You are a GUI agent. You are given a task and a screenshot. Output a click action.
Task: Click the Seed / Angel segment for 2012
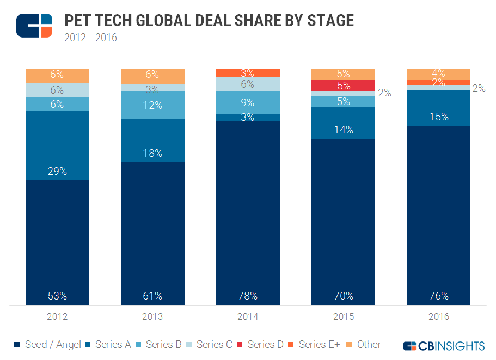coord(57,242)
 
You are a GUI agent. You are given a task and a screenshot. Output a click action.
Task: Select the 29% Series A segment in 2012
coord(57,145)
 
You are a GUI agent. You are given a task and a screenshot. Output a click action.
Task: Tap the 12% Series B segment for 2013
coord(152,105)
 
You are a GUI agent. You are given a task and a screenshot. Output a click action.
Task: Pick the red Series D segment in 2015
coord(343,86)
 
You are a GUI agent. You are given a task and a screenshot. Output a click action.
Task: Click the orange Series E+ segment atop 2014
coord(248,73)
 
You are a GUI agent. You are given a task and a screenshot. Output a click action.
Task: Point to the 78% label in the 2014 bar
coord(248,296)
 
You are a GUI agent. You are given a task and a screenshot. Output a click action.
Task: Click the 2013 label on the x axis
coord(152,316)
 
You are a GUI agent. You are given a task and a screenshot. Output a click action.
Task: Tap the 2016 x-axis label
coord(438,316)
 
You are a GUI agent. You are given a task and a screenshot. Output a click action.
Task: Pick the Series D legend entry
coord(261,344)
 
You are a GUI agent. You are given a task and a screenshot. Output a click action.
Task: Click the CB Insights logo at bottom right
coord(444,346)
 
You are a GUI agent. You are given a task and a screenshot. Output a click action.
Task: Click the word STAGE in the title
coord(329,21)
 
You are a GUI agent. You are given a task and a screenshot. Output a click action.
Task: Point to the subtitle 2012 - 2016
coord(90,38)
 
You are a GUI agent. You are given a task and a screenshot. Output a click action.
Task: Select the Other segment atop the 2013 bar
coord(152,76)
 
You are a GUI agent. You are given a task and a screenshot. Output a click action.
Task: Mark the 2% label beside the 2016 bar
coord(479,88)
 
